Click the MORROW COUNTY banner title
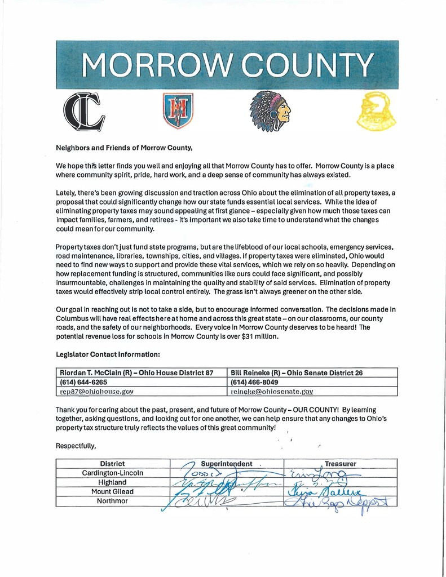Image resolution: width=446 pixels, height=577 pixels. click(228, 65)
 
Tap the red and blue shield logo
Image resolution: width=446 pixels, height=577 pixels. click(178, 110)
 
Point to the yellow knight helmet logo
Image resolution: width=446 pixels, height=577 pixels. click(376, 111)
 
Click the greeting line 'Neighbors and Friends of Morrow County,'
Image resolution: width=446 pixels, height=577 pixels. click(124, 148)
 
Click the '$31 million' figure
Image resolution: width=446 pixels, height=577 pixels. click(259, 336)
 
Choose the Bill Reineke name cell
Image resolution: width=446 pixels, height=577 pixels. click(297, 373)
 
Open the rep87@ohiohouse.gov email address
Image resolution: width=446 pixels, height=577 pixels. click(96, 391)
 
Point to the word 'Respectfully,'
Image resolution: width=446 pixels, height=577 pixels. click(76, 446)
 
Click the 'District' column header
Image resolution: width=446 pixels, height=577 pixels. click(112, 464)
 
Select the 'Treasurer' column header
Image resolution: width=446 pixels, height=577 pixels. click(340, 464)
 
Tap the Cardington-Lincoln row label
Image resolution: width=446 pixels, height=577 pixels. click(112, 473)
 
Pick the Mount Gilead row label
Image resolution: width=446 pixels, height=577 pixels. click(112, 491)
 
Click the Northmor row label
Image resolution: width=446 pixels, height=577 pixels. click(112, 500)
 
